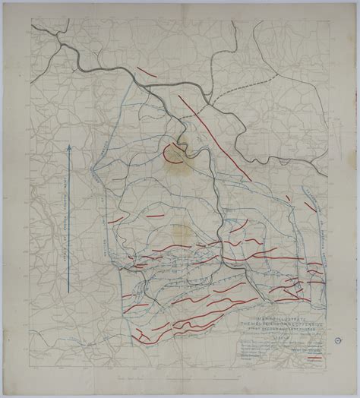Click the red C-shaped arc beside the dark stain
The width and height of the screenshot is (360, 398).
pos(168,152)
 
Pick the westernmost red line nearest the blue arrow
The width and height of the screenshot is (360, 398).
pos(115,220)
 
